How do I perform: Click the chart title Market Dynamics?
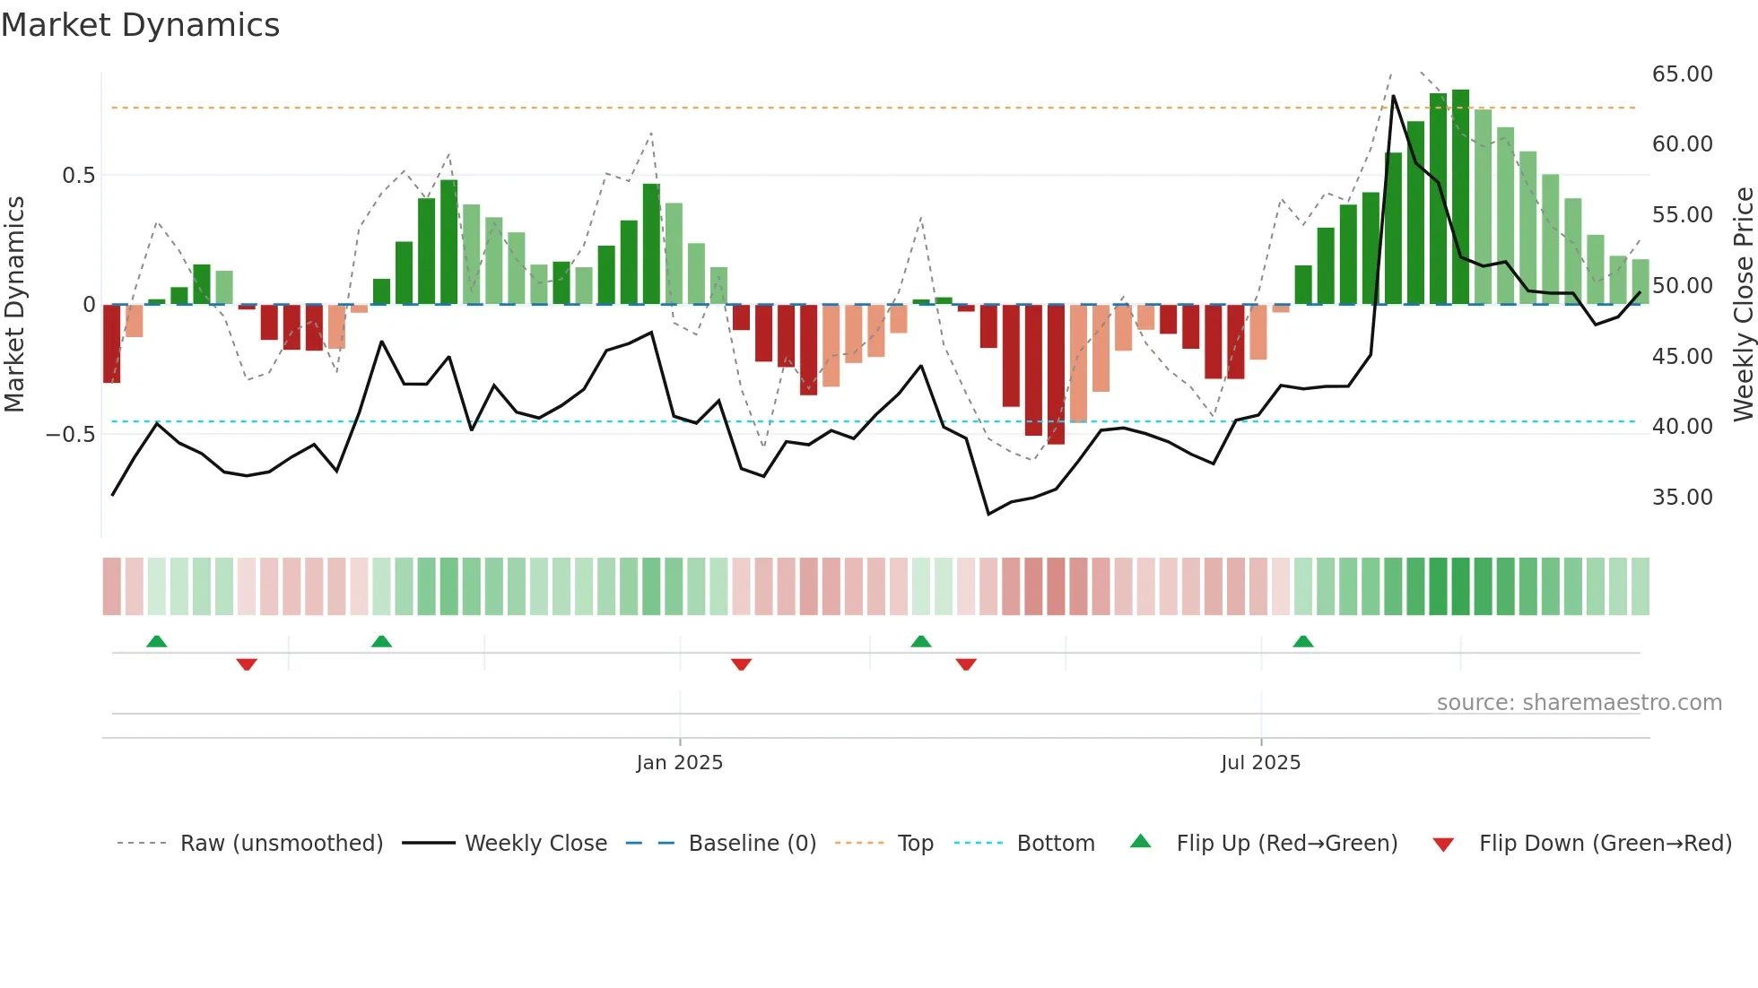point(140,25)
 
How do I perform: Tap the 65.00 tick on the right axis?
point(1682,74)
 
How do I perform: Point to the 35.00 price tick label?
point(1682,497)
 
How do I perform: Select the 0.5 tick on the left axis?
point(78,175)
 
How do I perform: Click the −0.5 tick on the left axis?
point(71,434)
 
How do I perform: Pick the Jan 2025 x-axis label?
point(679,762)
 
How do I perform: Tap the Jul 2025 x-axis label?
point(1260,762)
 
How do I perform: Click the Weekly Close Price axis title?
point(1743,304)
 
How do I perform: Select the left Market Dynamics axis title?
point(14,304)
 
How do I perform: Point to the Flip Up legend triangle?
point(1140,841)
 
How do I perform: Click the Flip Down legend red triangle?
point(1443,845)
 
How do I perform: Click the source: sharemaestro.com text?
point(1579,702)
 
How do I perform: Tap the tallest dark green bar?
point(1460,197)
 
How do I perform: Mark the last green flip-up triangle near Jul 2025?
point(1303,641)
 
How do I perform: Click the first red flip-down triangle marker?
point(247,663)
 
